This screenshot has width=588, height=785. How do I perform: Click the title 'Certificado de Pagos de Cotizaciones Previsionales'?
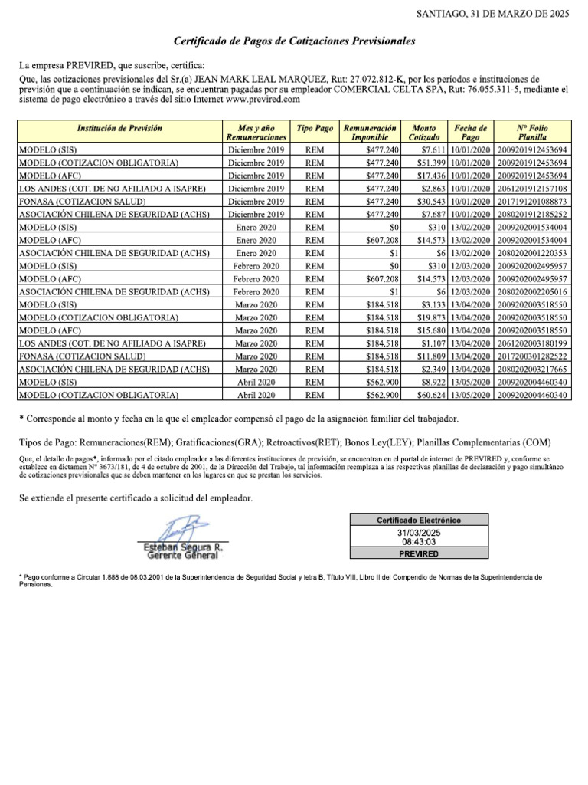click(294, 40)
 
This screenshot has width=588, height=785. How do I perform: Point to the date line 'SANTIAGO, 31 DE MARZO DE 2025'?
click(492, 14)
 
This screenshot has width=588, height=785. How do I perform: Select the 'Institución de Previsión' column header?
click(119, 129)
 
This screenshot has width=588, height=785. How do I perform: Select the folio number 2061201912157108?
click(532, 188)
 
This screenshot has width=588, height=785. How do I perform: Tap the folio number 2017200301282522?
click(532, 356)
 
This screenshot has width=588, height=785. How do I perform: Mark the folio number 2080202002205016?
click(532, 292)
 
